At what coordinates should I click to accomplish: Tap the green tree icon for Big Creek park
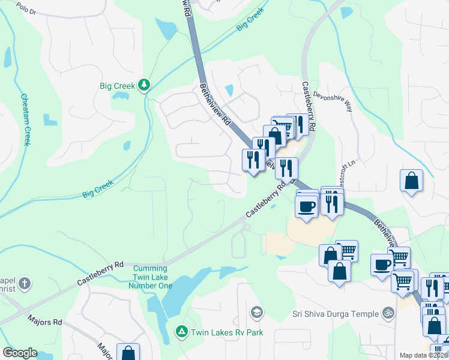point(143,86)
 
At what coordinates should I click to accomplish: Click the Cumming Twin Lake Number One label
point(152,277)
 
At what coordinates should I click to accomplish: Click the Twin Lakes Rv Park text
point(218,331)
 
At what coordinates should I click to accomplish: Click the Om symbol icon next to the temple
point(388,313)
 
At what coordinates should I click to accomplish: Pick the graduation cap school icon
point(257,312)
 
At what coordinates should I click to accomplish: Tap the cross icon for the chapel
point(25,283)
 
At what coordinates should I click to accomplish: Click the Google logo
point(20,353)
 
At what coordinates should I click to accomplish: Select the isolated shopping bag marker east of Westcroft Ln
point(412,181)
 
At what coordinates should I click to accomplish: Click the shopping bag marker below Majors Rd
point(128,353)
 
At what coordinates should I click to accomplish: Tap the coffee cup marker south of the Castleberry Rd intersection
point(307,206)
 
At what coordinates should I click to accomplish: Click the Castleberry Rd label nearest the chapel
point(100,273)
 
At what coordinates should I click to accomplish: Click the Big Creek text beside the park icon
point(117,86)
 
